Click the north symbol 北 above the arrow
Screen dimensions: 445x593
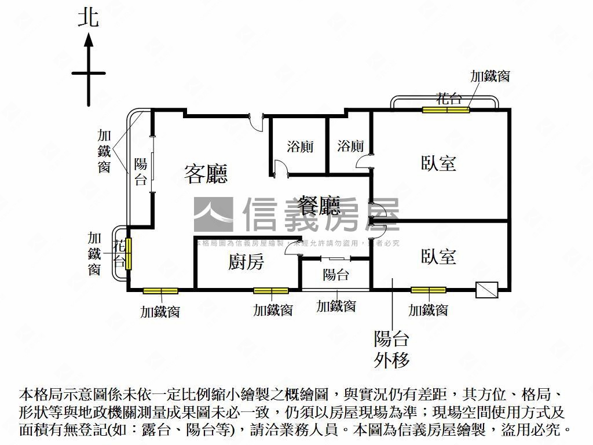click(x=89, y=19)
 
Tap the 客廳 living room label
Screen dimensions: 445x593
click(x=206, y=173)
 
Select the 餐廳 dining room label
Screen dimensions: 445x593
click(x=319, y=205)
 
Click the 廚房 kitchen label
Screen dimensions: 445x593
click(x=246, y=262)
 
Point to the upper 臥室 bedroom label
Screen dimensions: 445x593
click(x=438, y=163)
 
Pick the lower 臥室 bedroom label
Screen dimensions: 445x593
click(x=438, y=257)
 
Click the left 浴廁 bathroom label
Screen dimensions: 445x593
click(x=300, y=146)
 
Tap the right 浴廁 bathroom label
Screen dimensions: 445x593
click(x=350, y=146)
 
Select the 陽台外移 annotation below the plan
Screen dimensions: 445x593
click(x=392, y=349)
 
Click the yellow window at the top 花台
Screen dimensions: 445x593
click(x=445, y=110)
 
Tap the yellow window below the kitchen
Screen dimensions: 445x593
click(x=270, y=290)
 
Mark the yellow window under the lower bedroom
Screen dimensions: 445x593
click(x=429, y=290)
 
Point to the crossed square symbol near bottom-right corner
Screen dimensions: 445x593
click(x=486, y=290)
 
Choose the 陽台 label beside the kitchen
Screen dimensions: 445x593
click(x=335, y=275)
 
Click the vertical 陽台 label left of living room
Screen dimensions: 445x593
click(x=141, y=172)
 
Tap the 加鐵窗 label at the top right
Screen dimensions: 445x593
click(x=490, y=76)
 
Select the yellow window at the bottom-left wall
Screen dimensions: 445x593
click(x=160, y=290)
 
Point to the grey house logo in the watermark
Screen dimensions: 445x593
click(x=213, y=214)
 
